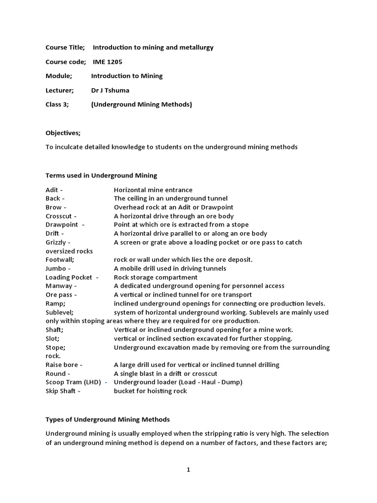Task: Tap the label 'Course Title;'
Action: click(x=65, y=48)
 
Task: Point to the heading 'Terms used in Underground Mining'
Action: click(x=101, y=175)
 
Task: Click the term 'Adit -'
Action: click(x=54, y=190)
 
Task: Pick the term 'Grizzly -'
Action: click(x=58, y=242)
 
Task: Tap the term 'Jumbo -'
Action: click(x=58, y=269)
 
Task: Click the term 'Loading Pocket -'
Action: click(x=72, y=277)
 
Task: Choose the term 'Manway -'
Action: click(x=61, y=286)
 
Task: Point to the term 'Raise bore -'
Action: click(x=64, y=364)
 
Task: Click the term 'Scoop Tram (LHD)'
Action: click(x=73, y=382)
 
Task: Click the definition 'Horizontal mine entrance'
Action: click(x=153, y=190)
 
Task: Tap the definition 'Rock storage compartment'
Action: click(x=156, y=277)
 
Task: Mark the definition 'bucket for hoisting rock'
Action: click(x=150, y=391)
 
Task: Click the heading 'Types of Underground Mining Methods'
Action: click(x=108, y=419)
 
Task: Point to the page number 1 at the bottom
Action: click(x=188, y=470)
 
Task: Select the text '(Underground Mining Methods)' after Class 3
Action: click(x=142, y=105)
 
